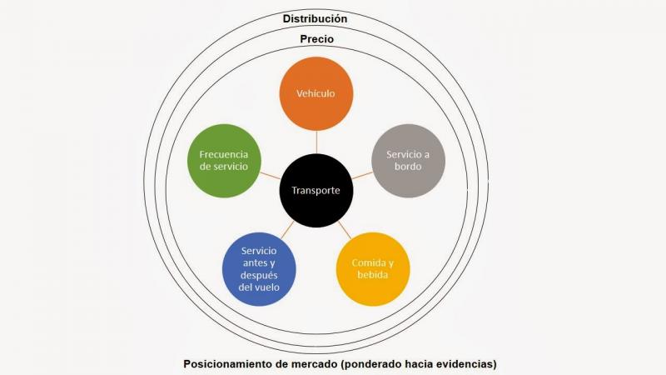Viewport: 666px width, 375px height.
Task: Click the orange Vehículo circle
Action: point(316,93)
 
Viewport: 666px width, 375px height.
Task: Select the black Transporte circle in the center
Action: point(316,191)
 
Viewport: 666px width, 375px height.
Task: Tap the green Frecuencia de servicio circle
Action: point(224,161)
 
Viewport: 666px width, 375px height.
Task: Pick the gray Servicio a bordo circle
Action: point(408,161)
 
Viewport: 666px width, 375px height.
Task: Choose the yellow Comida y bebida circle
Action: point(373,269)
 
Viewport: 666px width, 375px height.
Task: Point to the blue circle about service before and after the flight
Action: point(259,269)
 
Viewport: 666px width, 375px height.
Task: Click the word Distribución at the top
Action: point(316,18)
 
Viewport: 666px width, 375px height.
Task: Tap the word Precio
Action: point(317,39)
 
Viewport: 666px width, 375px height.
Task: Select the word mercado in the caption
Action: point(316,364)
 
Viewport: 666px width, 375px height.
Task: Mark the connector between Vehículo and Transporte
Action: point(316,142)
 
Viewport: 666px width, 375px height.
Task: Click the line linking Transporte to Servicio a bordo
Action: point(362,176)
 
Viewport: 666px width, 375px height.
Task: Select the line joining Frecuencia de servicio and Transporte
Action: point(270,176)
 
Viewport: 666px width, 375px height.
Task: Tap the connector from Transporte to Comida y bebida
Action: point(345,230)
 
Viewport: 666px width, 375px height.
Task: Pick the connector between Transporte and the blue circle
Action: point(287,230)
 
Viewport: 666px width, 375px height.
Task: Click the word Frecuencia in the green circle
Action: point(224,154)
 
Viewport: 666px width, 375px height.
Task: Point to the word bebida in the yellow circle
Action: point(372,275)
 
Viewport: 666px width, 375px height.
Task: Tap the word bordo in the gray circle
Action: point(408,166)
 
